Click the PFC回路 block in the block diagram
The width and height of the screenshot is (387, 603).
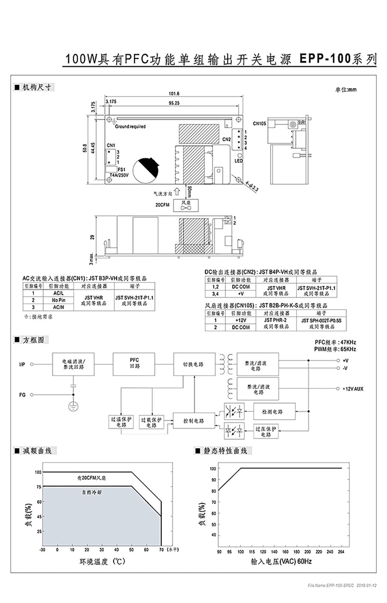click(x=135, y=363)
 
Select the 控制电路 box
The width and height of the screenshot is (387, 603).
click(x=193, y=420)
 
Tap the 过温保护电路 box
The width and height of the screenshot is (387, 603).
click(x=121, y=422)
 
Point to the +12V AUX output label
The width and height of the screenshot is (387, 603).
click(x=353, y=388)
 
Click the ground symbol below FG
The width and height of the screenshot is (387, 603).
click(x=73, y=407)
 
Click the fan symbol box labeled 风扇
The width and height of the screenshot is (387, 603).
click(x=186, y=205)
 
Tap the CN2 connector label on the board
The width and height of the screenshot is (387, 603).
click(x=226, y=139)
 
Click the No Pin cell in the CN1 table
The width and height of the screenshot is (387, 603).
click(x=59, y=300)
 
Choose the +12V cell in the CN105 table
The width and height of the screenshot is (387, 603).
click(x=240, y=320)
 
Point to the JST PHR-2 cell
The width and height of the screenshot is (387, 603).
click(x=276, y=320)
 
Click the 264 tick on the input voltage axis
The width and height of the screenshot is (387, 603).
click(x=341, y=552)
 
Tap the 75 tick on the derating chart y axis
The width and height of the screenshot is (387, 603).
click(x=38, y=487)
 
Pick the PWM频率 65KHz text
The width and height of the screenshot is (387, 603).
click(x=335, y=349)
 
